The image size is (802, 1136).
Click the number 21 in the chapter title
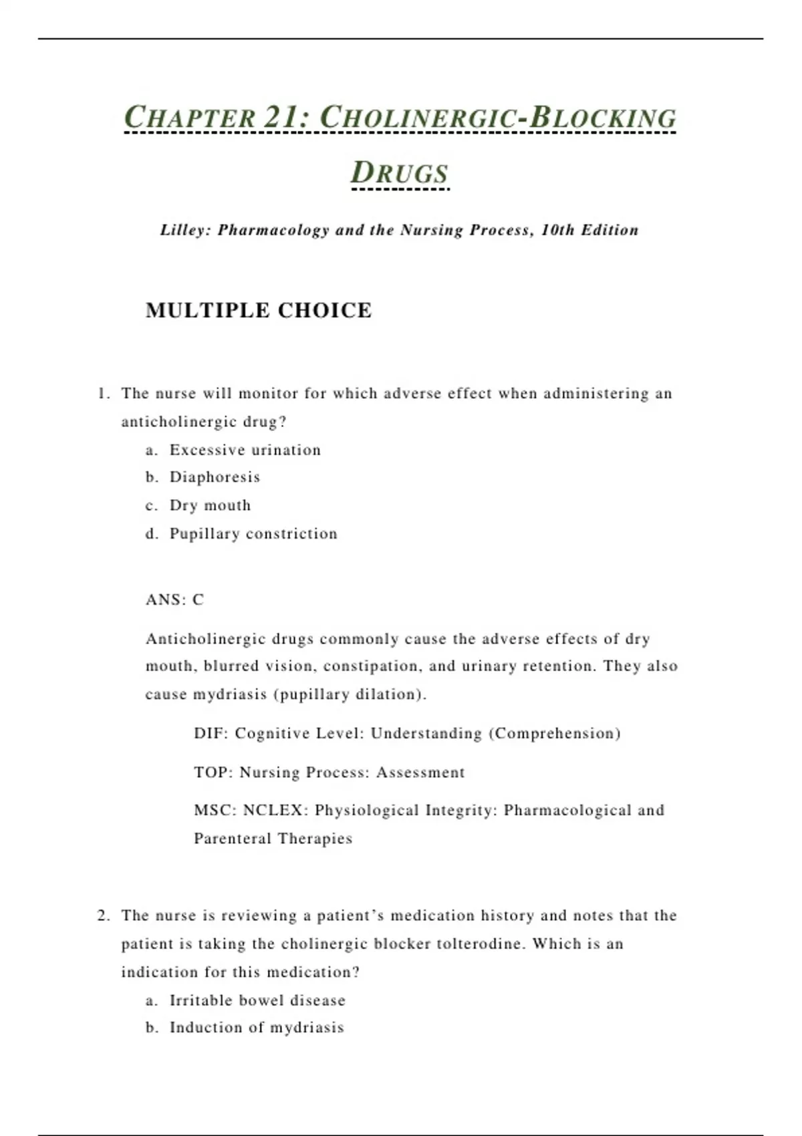(x=281, y=118)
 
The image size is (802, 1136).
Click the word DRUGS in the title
(x=400, y=172)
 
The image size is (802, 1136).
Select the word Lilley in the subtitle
(x=185, y=231)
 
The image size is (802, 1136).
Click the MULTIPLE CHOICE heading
(x=259, y=311)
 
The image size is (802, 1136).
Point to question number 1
(x=103, y=394)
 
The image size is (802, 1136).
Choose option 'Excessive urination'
(x=245, y=450)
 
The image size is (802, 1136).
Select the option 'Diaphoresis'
(x=215, y=477)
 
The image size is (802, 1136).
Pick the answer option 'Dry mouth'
(x=210, y=506)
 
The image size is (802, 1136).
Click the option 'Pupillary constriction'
(x=253, y=534)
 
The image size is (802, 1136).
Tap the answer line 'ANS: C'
(x=174, y=599)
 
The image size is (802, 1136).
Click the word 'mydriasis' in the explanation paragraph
(x=230, y=694)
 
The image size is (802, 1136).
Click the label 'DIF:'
(x=211, y=734)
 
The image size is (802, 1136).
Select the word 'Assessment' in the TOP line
(x=420, y=772)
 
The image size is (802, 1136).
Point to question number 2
(x=103, y=915)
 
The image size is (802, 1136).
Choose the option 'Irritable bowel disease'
(x=257, y=1000)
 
